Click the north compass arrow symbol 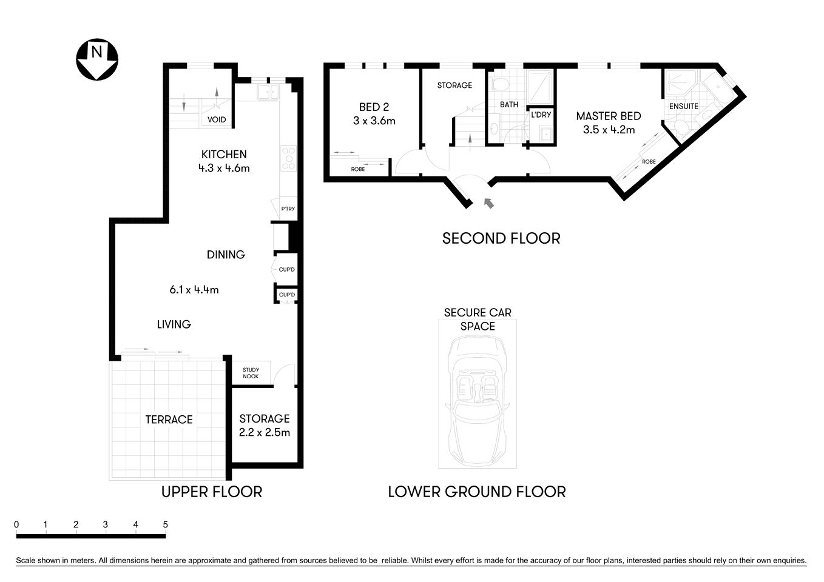click(x=96, y=59)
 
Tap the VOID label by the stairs click(x=217, y=119)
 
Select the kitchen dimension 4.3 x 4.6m click(x=224, y=168)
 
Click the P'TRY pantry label click(x=288, y=209)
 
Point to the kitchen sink click(x=267, y=92)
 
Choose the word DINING click(x=226, y=255)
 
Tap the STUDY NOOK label click(x=251, y=373)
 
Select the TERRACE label click(x=169, y=420)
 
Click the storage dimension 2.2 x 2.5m click(x=265, y=432)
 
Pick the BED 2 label click(x=374, y=107)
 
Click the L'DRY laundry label click(x=541, y=115)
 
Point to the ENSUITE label click(x=683, y=106)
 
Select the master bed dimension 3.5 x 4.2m click(x=609, y=130)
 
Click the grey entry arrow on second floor click(x=488, y=202)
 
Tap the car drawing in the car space click(x=478, y=400)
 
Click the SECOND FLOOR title click(x=501, y=238)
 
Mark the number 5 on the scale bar click(x=165, y=524)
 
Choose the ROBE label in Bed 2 click(x=358, y=169)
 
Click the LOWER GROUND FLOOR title click(x=477, y=492)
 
